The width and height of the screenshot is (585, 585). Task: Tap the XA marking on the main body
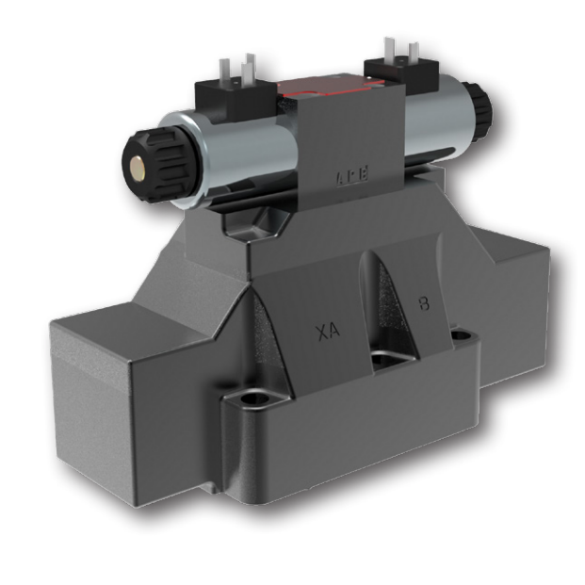point(328,332)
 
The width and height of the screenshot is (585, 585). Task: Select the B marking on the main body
point(425,304)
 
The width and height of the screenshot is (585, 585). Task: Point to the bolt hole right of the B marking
point(461,334)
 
